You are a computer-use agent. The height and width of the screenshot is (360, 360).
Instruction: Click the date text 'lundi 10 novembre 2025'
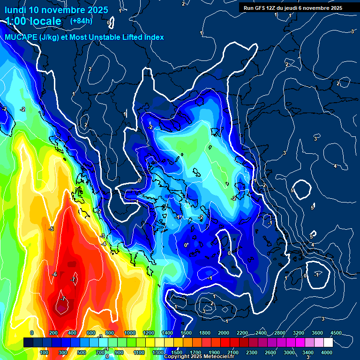(x=56, y=10)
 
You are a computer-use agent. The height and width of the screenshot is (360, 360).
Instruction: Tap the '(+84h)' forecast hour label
(x=81, y=21)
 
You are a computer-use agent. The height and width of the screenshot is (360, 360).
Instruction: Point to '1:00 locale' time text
(x=33, y=21)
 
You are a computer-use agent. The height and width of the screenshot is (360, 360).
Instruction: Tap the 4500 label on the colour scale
(x=336, y=333)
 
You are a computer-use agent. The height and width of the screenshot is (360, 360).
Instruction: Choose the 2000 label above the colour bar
(x=224, y=333)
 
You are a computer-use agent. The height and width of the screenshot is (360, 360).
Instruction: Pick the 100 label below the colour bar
(x=44, y=352)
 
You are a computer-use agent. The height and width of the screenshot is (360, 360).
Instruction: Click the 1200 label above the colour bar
(x=148, y=333)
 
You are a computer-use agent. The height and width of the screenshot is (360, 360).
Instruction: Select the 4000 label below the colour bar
(x=327, y=352)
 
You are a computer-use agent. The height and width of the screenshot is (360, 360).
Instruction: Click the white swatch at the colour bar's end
(x=328, y=343)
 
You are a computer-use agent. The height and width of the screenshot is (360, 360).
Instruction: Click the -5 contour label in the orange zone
(x=51, y=229)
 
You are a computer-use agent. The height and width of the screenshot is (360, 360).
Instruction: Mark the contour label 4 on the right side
(x=335, y=166)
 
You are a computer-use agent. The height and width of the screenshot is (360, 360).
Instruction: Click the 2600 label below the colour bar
(x=270, y=352)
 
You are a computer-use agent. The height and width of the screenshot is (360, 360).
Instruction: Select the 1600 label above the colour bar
(x=186, y=333)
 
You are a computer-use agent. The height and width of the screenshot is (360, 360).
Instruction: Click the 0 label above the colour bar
(x=32, y=333)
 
